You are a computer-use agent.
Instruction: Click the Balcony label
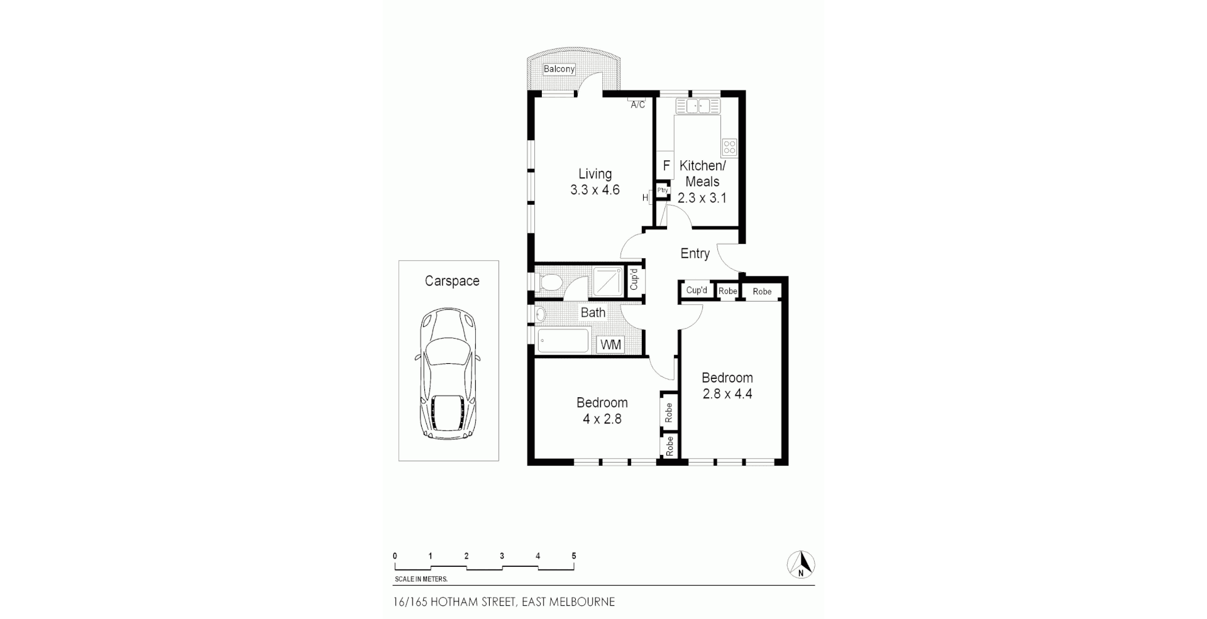[x=559, y=69]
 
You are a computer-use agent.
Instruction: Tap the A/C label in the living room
[x=637, y=104]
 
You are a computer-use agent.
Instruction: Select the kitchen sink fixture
[x=698, y=106]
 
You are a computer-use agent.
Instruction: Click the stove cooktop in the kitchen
[x=729, y=148]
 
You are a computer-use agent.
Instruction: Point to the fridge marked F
[x=666, y=167]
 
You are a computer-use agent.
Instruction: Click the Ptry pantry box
[x=663, y=190]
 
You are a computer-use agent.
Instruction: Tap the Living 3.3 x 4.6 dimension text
[x=595, y=190]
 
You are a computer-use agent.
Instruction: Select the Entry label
[x=695, y=253]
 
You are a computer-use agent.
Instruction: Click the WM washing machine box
[x=610, y=344]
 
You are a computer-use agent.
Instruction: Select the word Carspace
[x=452, y=281]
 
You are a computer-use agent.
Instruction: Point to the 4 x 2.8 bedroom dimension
[x=602, y=419]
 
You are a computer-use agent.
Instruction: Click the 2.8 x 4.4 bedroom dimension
[x=727, y=394]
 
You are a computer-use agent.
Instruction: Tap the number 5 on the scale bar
[x=573, y=556]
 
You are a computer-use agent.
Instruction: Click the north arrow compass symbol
[x=801, y=564]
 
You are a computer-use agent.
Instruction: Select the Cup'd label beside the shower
[x=634, y=279]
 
